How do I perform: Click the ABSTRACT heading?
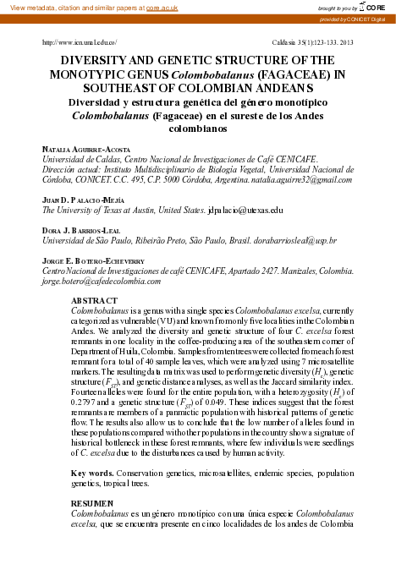coord(95,301)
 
